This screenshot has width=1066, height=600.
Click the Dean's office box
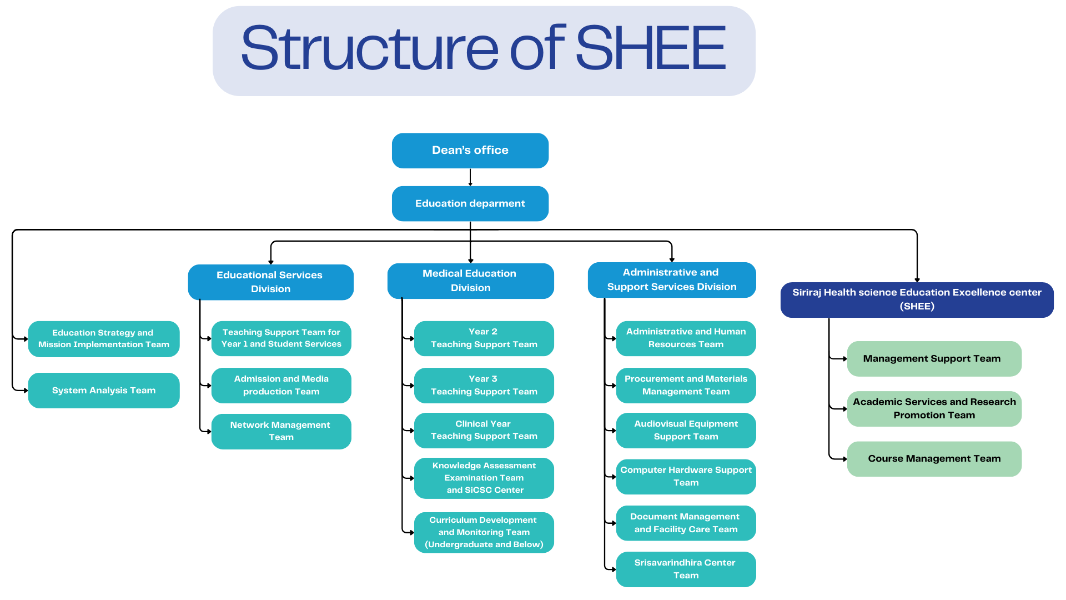coord(470,151)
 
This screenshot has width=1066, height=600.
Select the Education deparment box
coord(470,203)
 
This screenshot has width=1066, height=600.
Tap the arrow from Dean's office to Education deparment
coord(470,177)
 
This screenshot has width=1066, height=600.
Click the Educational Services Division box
coord(270,282)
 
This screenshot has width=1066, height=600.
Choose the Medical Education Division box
coord(470,281)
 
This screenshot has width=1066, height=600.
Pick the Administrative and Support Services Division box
coord(671,280)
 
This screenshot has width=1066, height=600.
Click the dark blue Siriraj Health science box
coord(917,299)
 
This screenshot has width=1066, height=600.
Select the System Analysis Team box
coord(104,391)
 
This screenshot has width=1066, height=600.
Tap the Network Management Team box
coord(281,431)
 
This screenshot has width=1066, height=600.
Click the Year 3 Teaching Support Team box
coord(484,386)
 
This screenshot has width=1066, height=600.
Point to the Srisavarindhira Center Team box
coord(686,569)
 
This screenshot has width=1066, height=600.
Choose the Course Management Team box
coord(934,459)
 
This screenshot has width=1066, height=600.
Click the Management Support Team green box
coord(934,359)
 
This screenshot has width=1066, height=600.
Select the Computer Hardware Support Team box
coord(686,476)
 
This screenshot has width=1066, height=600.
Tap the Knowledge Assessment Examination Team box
coord(484,478)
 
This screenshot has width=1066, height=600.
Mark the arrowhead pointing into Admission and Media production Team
coord(209,386)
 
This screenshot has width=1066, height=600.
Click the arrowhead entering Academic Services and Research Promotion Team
coord(844,409)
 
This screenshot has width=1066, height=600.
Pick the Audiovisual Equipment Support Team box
coord(686,431)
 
